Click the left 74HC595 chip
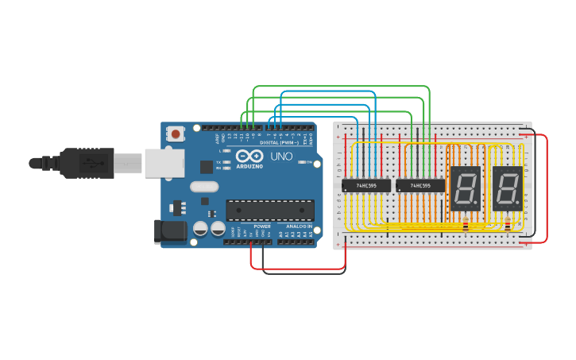tap(366, 186)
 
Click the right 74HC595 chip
tap(420, 186)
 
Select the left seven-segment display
tap(465, 188)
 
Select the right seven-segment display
tap(507, 188)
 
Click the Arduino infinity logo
tap(249, 156)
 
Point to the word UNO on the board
tap(282, 156)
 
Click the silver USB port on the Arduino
tap(164, 164)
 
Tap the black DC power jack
tap(169, 231)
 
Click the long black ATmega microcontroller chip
tap(269, 210)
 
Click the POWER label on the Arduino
tap(262, 226)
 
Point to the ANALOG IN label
tap(299, 226)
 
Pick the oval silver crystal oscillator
tap(203, 187)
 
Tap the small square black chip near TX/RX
tap(207, 167)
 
